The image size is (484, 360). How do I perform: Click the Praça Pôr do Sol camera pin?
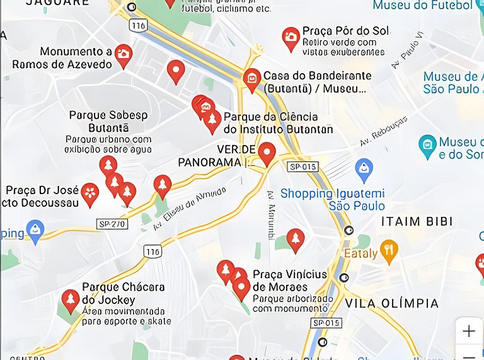291,37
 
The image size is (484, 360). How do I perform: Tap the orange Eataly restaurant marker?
389,250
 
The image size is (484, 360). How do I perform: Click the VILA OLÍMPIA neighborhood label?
391,304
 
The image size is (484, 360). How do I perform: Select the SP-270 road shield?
112,224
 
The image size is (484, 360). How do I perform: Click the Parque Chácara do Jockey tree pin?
71,300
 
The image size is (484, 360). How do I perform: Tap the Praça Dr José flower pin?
90,193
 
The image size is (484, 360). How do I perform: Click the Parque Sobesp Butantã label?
108,121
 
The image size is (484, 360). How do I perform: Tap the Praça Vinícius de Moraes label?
290,281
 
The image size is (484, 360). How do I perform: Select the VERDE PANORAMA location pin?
267,153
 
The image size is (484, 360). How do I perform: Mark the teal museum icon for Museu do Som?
427,146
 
